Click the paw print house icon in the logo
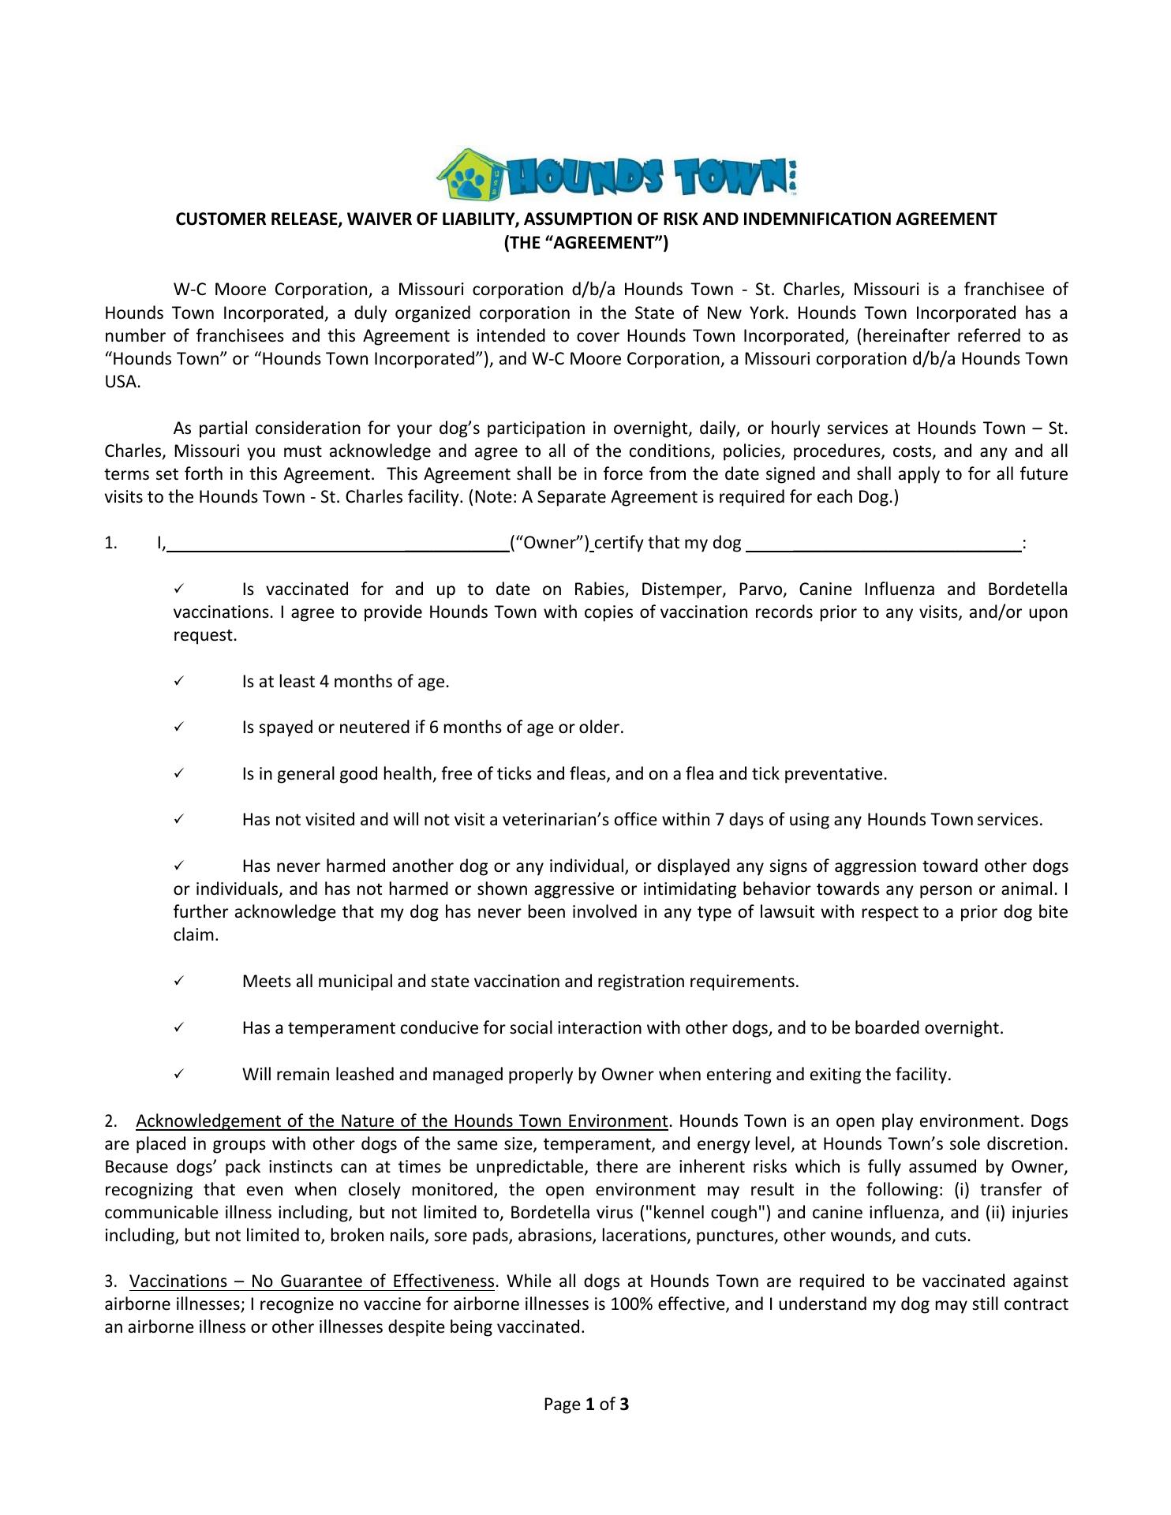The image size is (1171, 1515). pyautogui.click(x=470, y=174)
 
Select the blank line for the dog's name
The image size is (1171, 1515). pyautogui.click(x=883, y=544)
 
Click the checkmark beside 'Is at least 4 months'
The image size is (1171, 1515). pyautogui.click(x=179, y=681)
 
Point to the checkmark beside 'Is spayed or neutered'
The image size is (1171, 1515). pyautogui.click(x=179, y=727)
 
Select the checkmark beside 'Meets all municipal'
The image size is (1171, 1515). pyautogui.click(x=179, y=981)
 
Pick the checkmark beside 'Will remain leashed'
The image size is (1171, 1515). pyautogui.click(x=179, y=1074)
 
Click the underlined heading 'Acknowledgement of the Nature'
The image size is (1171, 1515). pyautogui.click(x=402, y=1121)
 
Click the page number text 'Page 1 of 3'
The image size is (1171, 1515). pyautogui.click(x=585, y=1405)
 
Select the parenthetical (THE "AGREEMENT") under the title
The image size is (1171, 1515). pyautogui.click(x=585, y=242)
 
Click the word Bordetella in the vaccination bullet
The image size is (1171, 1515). pyautogui.click(x=1027, y=589)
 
